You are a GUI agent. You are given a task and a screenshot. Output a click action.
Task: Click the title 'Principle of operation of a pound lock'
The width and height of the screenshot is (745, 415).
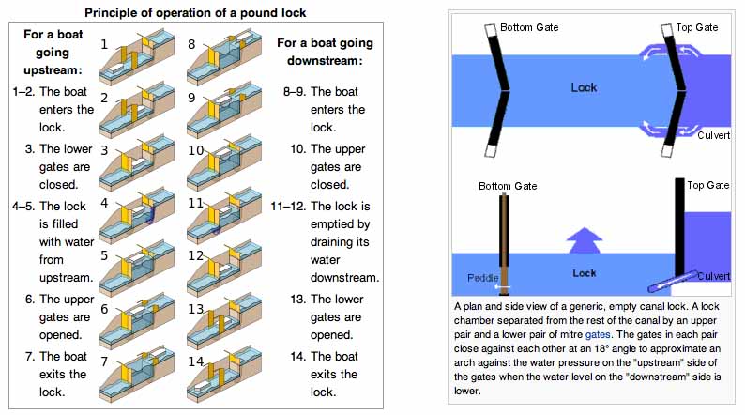[x=195, y=12]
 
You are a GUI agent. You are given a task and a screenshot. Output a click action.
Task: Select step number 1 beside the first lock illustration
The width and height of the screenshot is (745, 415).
[x=104, y=44]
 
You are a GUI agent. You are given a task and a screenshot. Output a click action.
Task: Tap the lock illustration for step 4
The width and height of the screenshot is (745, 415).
[x=137, y=217]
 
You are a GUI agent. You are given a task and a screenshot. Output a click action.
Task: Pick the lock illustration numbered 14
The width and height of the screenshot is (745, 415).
[x=224, y=377]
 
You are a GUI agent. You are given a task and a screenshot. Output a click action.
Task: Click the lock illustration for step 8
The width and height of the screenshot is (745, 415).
[x=224, y=58]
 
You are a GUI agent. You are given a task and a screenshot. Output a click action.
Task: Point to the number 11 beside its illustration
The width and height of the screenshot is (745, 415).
[x=195, y=203]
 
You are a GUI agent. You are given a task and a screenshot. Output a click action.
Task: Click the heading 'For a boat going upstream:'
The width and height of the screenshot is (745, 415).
[x=53, y=53]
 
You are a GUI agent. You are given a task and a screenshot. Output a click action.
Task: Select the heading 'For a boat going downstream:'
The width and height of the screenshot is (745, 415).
[x=325, y=52]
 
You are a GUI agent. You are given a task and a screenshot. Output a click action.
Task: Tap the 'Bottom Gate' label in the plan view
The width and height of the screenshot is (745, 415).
[x=529, y=27]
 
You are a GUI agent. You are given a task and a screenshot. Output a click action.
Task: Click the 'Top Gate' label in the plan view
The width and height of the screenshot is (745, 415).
[x=697, y=27]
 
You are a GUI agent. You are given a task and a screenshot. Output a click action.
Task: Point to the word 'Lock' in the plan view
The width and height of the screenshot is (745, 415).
[x=584, y=87]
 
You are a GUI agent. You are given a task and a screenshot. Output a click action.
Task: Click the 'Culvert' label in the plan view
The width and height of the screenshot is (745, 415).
[x=714, y=135]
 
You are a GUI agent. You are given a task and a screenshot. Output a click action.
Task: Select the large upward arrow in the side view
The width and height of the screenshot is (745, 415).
[x=585, y=240]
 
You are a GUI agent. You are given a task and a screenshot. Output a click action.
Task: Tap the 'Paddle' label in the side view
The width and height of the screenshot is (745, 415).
[x=482, y=278]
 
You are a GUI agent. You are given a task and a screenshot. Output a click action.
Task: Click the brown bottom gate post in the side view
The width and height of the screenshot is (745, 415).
[x=504, y=244]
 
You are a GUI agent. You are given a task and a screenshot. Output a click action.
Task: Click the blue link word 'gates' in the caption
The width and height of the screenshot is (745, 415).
[x=598, y=334]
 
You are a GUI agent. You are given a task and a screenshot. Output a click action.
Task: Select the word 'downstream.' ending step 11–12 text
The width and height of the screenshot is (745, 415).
[x=345, y=278]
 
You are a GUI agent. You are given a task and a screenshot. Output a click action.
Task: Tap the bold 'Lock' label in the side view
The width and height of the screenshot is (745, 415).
[x=584, y=273]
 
